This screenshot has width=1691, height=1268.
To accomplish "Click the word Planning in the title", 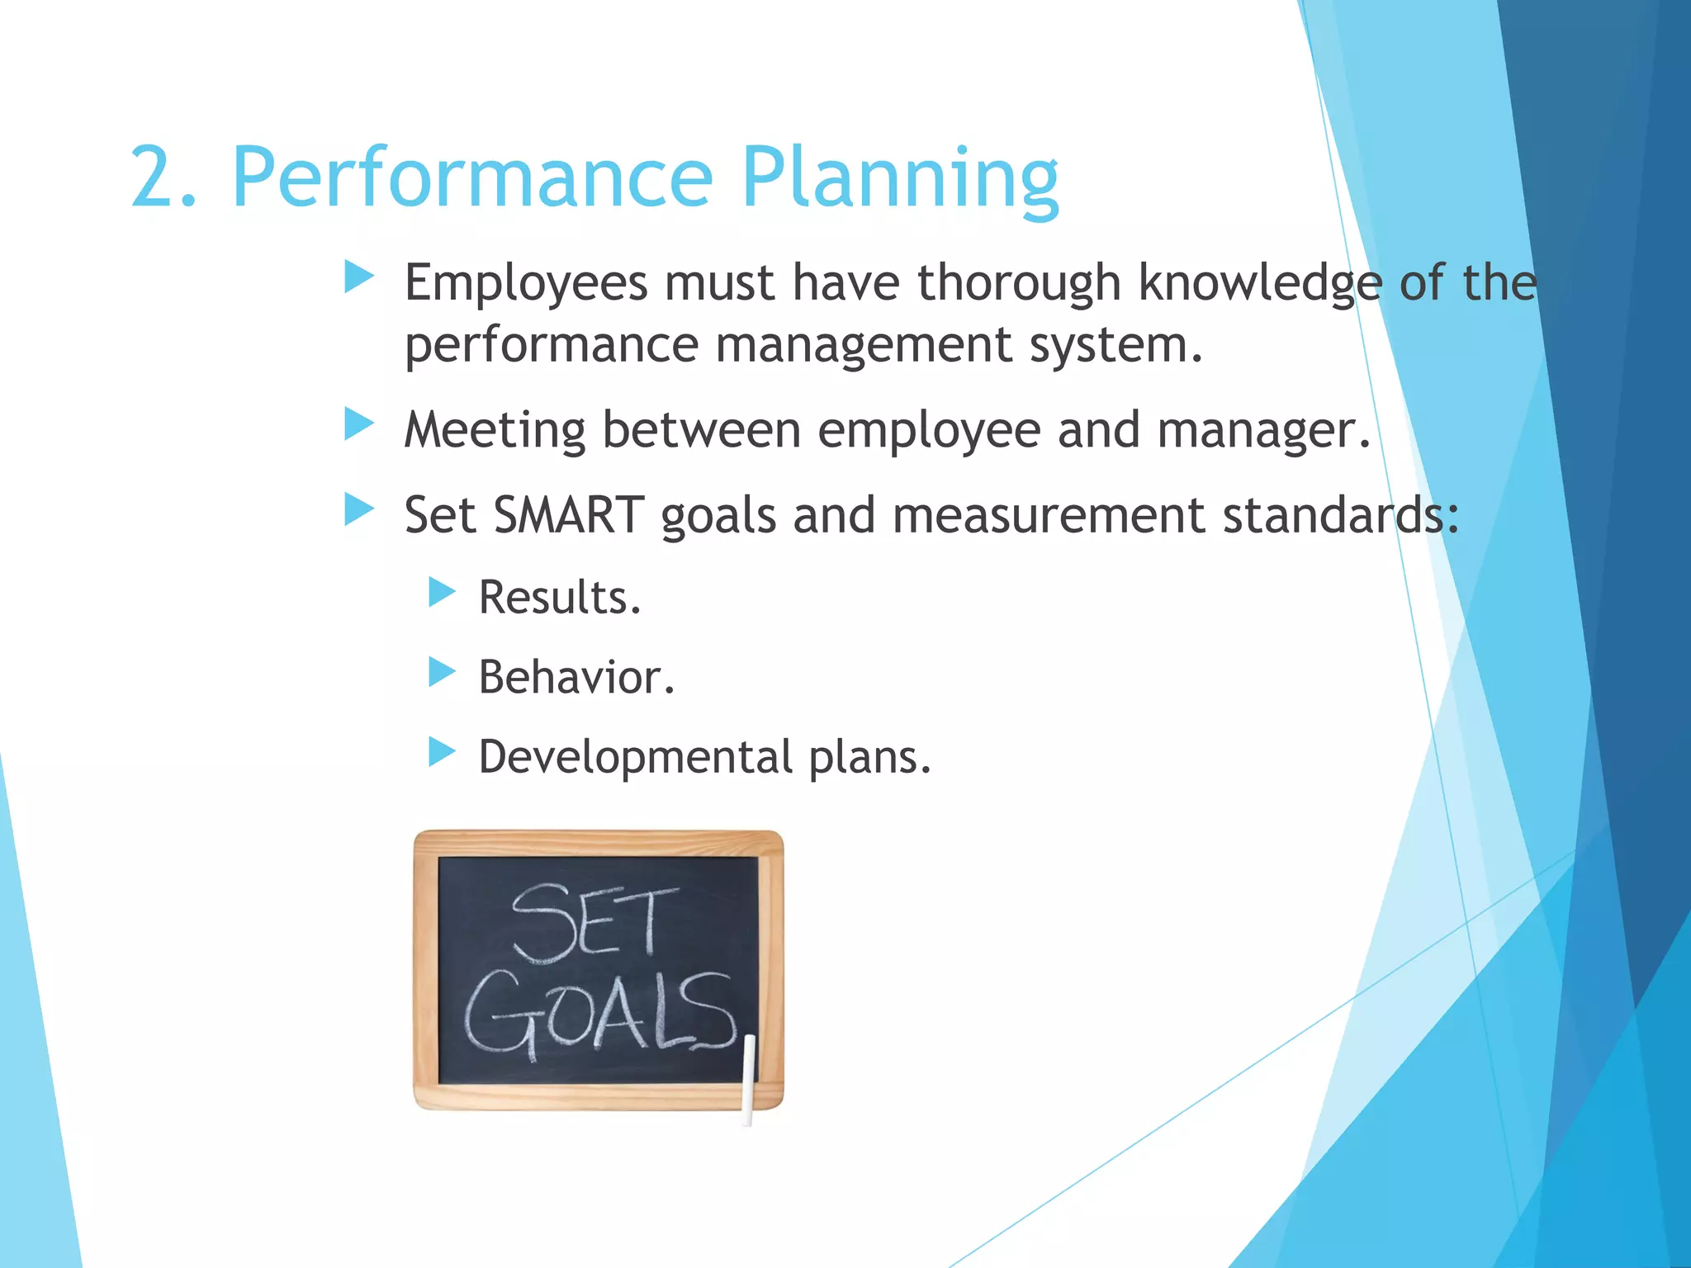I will (x=900, y=178).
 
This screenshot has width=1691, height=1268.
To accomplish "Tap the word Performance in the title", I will (x=472, y=178).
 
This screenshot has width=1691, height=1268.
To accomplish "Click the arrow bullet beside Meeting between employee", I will (x=359, y=426).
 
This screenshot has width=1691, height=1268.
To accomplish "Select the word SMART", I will (x=568, y=516).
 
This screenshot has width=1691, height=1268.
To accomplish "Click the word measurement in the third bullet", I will (x=1049, y=516).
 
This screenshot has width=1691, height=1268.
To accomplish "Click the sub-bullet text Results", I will (x=559, y=598).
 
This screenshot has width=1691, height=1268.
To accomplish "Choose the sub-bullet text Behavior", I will (x=576, y=678).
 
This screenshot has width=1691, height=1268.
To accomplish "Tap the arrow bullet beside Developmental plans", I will (x=442, y=752).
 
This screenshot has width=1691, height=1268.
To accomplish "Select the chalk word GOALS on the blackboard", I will (x=599, y=1015).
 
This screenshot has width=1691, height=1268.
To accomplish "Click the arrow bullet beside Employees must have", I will (x=359, y=277).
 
